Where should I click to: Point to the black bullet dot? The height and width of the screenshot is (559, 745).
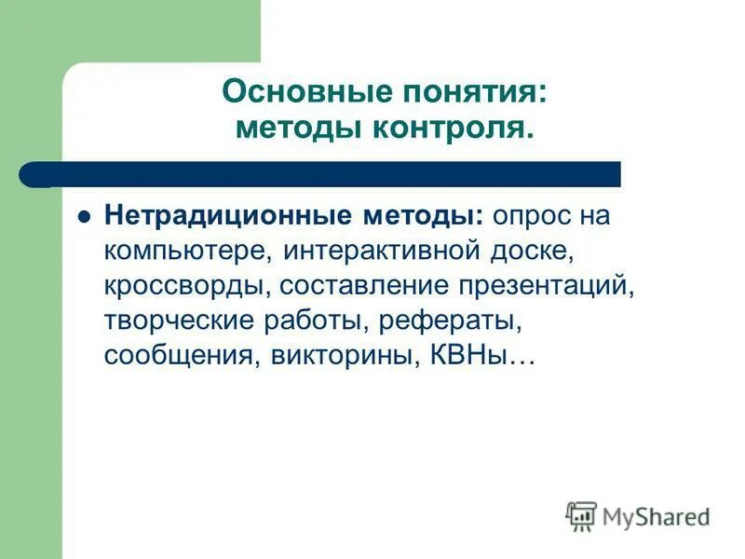tap(83, 216)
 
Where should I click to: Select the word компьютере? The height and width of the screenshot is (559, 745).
tap(187, 251)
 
